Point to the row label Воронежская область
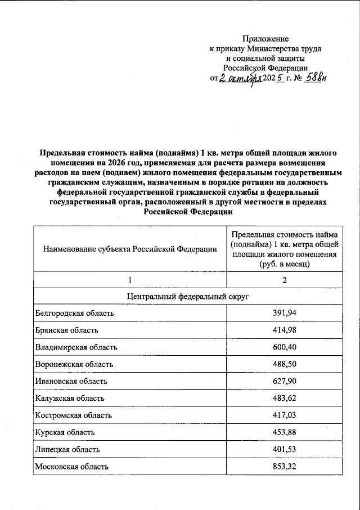click(74, 364)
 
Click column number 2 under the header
click(284, 280)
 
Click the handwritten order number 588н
click(316, 78)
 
